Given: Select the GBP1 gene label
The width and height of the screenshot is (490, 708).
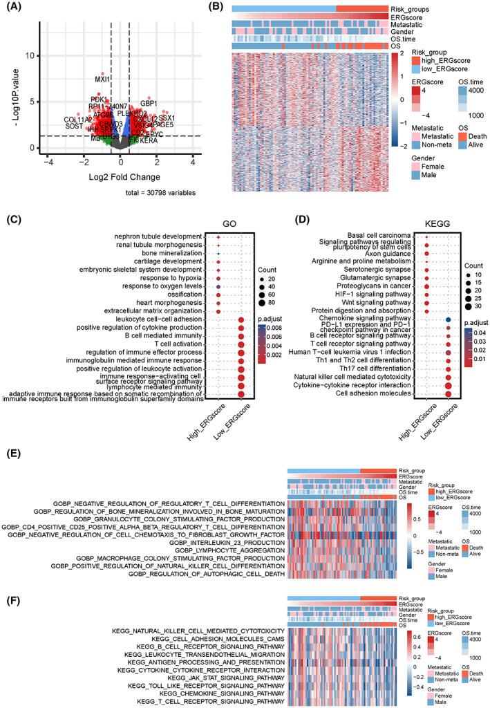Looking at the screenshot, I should coord(149,103).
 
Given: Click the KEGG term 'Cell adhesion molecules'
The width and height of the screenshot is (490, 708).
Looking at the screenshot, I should coord(383,394).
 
